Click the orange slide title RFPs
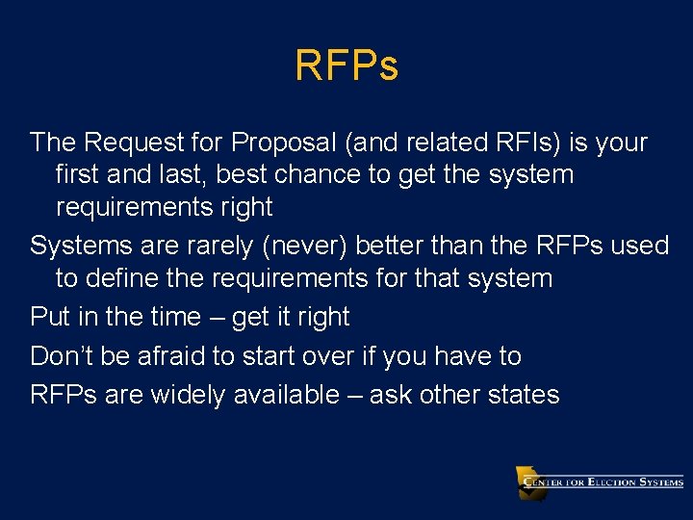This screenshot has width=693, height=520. [346, 66]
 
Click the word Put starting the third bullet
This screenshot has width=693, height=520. [50, 317]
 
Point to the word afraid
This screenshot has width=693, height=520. [167, 356]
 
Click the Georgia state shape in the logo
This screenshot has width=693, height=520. [530, 481]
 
